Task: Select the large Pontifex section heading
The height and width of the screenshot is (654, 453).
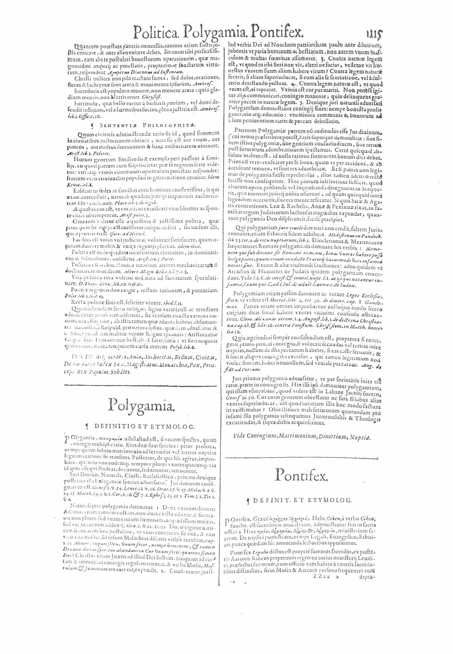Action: (301, 475)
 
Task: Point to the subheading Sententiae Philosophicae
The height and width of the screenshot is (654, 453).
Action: (140, 125)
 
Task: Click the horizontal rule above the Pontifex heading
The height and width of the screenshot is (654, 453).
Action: (301, 457)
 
